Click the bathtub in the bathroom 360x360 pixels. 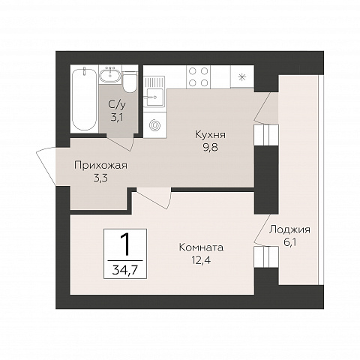coord(84,99)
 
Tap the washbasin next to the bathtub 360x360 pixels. coord(109,75)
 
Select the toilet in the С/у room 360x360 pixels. coord(130,82)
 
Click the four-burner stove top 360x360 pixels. coord(198,76)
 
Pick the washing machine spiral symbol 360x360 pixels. coord(154,124)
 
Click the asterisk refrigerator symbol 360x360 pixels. coord(241,77)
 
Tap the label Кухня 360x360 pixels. coord(210,135)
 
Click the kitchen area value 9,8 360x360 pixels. coord(210,148)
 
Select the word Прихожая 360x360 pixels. coord(101,166)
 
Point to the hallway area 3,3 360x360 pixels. coord(100,178)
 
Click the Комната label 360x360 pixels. coord(201,247)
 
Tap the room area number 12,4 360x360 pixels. coord(201,260)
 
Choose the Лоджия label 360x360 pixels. coord(289,229)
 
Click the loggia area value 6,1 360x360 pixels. coord(290,242)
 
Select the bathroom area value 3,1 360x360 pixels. coord(118,117)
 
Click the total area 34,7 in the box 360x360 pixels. coord(125,270)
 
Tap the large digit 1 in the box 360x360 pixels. coord(125,245)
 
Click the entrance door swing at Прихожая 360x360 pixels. coord(46,166)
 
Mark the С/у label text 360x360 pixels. coord(118,105)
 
